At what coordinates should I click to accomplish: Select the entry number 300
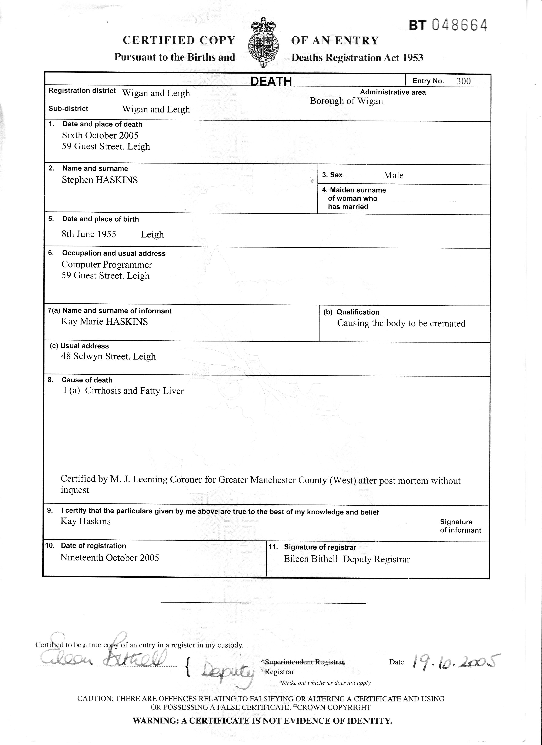pyautogui.click(x=464, y=81)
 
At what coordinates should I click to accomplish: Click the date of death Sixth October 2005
pyautogui.click(x=100, y=135)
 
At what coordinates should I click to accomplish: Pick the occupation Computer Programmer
pyautogui.click(x=107, y=264)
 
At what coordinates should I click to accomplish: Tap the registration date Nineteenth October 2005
pyautogui.click(x=110, y=557)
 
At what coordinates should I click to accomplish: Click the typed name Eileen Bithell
pyautogui.click(x=311, y=559)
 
